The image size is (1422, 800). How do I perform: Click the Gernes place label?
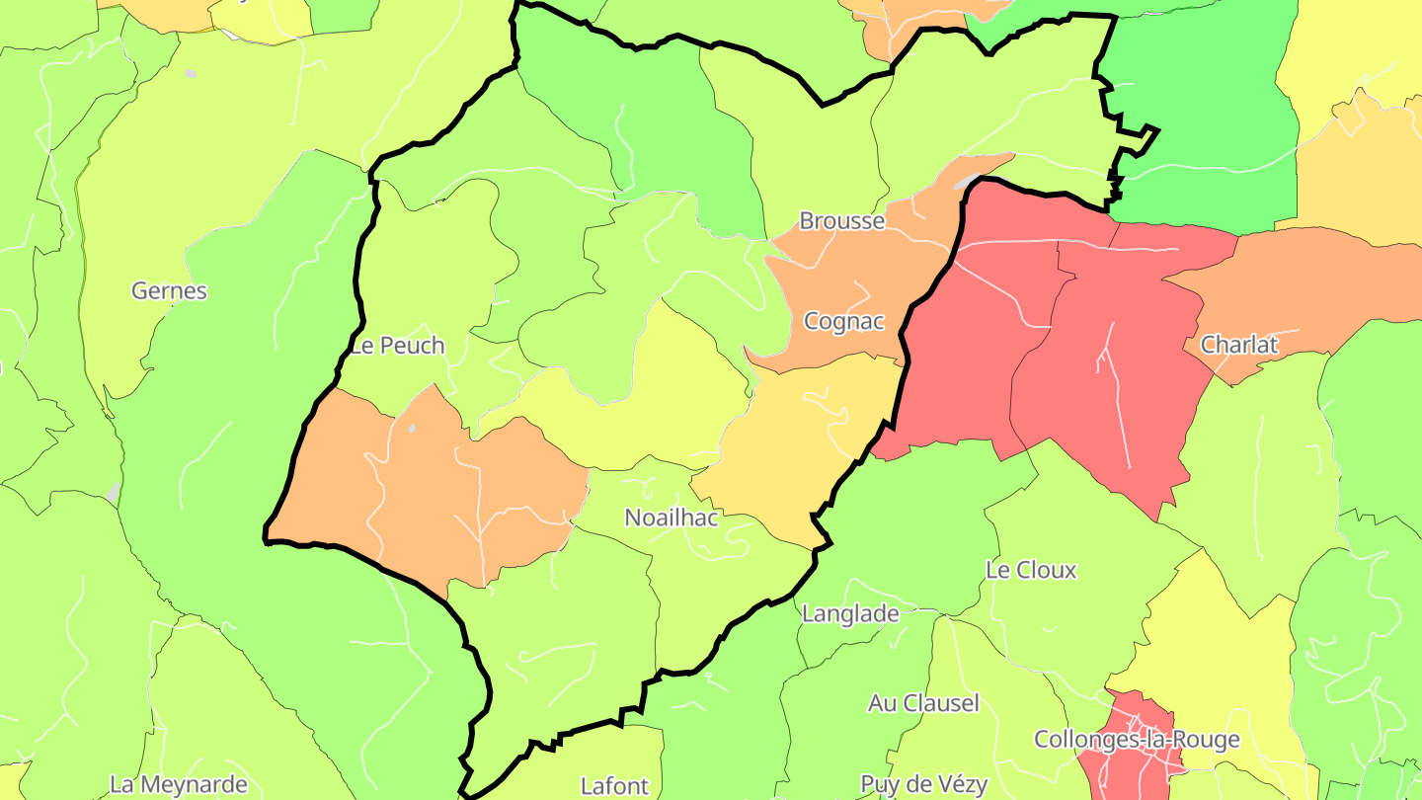point(170,290)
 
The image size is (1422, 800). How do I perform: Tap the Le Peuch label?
point(398,346)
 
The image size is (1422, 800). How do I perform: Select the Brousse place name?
point(841,220)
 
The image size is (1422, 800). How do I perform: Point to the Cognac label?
point(843,321)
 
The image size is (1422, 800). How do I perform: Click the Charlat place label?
point(1238,345)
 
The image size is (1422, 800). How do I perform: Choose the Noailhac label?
point(671,517)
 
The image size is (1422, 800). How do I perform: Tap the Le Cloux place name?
point(1031,570)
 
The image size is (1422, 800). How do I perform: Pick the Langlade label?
point(850,613)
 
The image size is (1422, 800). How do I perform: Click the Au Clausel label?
point(923,703)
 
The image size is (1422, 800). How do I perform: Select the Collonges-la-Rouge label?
point(1137,739)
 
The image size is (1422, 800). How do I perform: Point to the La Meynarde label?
point(178,784)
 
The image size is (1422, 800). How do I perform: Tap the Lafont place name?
point(614,786)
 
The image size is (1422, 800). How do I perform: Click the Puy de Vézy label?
point(923,784)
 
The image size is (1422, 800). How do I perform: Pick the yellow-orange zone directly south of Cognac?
point(800,435)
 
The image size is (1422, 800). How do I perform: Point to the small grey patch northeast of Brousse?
point(968,181)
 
